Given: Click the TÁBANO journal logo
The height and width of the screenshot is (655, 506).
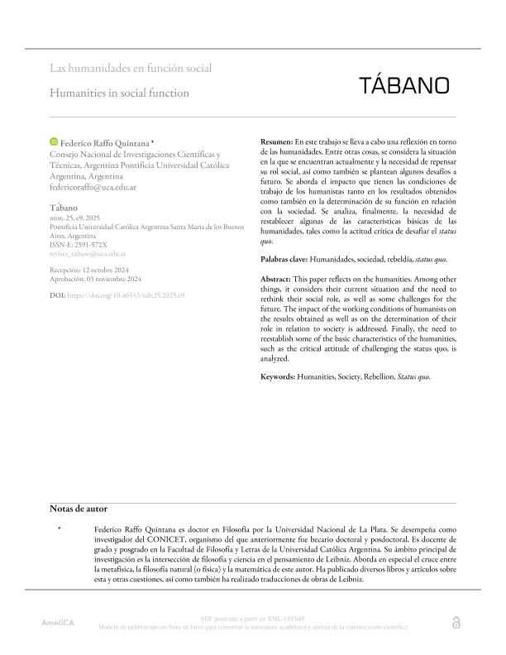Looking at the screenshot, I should [x=404, y=85].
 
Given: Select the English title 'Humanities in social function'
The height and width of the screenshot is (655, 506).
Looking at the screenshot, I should [x=119, y=93].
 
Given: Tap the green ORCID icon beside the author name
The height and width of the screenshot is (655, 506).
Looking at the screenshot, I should [x=55, y=143].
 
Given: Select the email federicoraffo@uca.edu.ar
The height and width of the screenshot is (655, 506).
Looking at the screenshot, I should [x=93, y=188].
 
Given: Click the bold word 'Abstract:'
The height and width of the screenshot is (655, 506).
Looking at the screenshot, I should [x=276, y=280].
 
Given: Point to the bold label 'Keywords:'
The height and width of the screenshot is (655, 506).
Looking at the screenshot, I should [x=279, y=377].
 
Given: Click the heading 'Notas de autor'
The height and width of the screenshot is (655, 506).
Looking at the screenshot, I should [x=78, y=508].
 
